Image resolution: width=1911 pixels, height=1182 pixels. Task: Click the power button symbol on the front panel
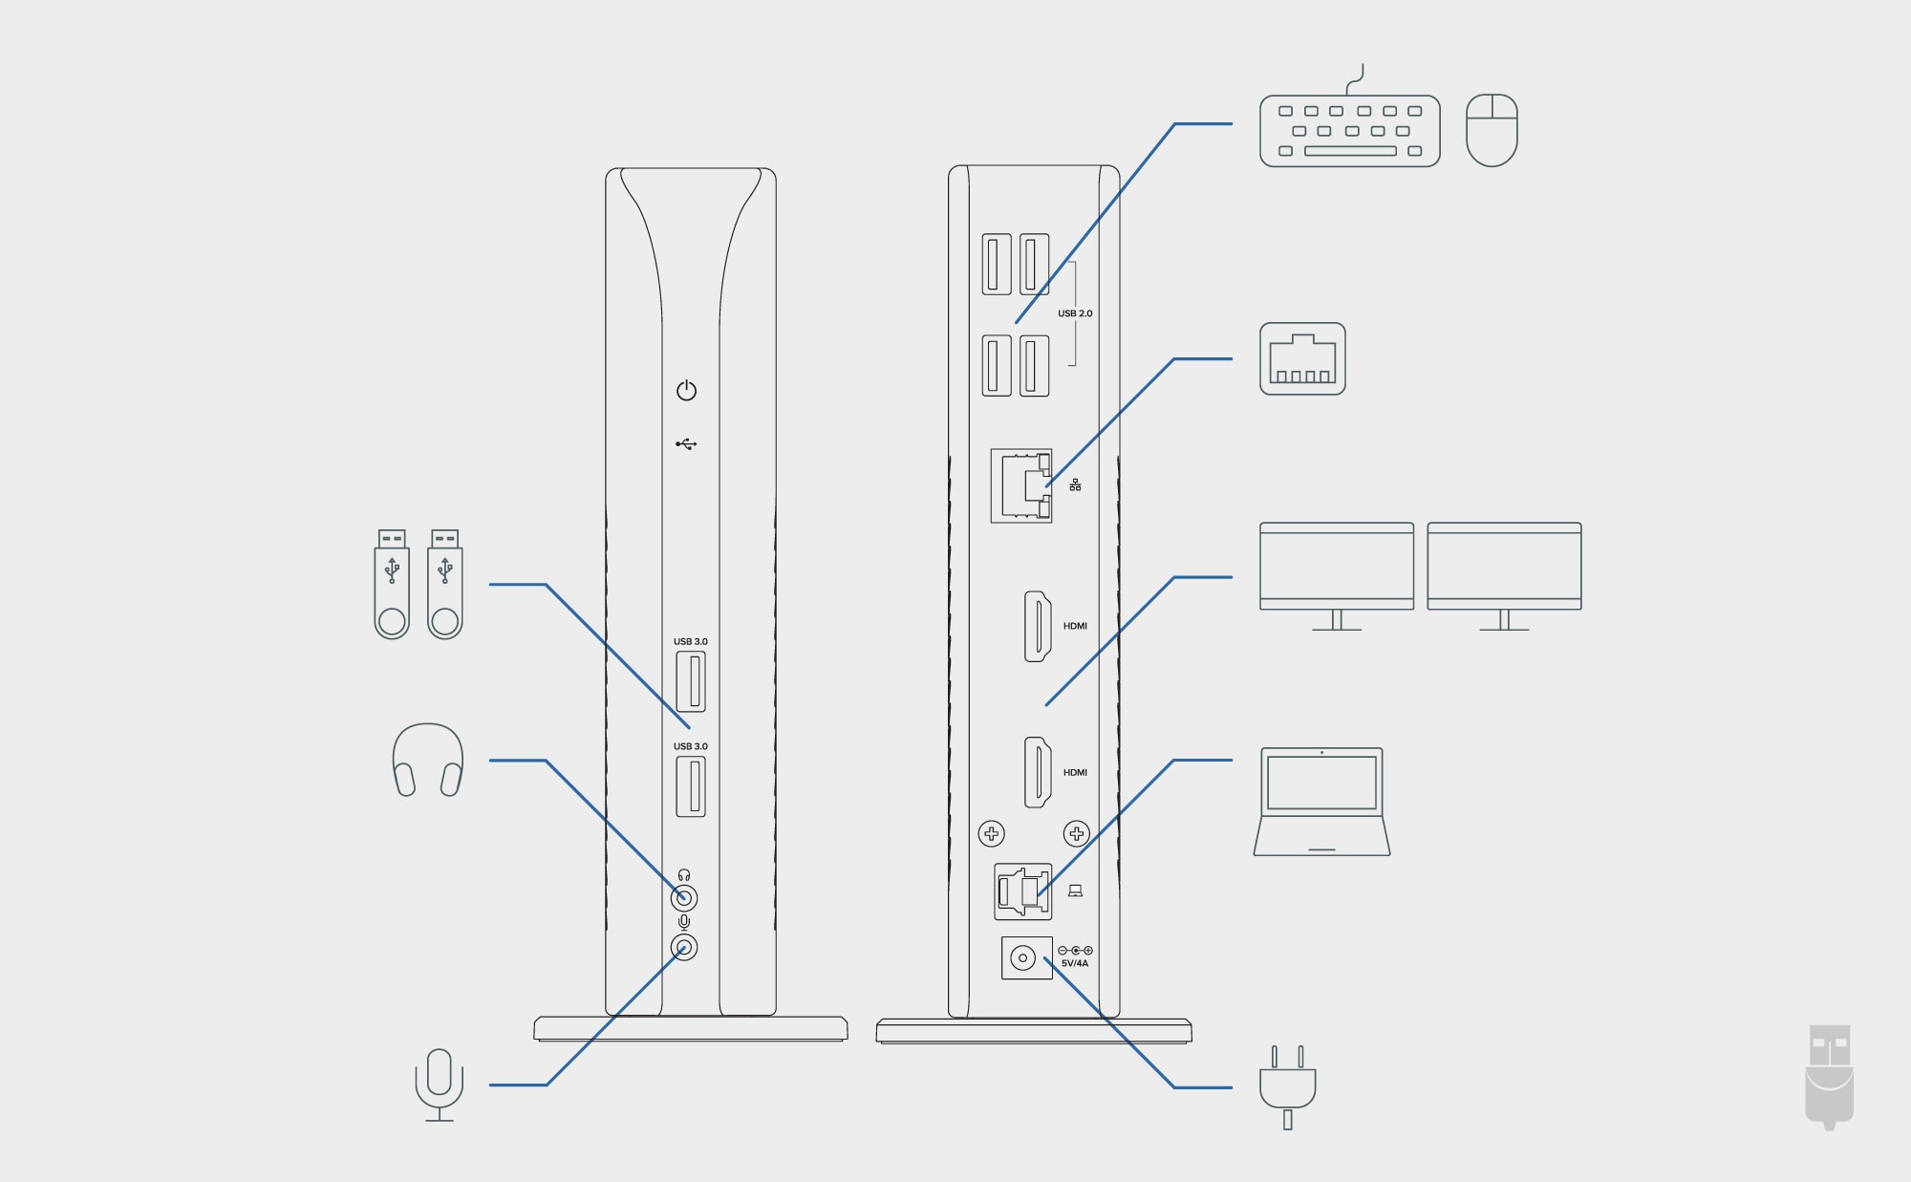pos(686,391)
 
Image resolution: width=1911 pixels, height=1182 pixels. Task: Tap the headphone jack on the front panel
pos(684,898)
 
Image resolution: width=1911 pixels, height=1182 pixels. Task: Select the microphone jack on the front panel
pos(684,947)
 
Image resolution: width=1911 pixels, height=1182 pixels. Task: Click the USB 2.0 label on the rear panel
pos(1075,313)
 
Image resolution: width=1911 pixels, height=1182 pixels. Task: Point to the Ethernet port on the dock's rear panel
pos(1021,485)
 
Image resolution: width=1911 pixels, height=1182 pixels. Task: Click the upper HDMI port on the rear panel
pos(1038,626)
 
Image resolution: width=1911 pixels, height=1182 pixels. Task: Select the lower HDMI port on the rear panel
pos(1038,772)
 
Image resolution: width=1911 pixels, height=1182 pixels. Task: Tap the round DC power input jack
pos(1023,957)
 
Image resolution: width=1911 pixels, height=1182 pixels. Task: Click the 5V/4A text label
pos(1075,963)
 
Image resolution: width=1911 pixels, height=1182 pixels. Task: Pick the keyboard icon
pos(1349,131)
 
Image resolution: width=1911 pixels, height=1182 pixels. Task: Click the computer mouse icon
pos(1492,130)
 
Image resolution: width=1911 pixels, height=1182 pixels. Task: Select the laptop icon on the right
pos(1321,802)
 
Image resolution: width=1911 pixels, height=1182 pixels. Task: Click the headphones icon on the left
pos(428,760)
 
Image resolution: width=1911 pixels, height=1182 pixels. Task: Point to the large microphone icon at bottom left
pos(440,1085)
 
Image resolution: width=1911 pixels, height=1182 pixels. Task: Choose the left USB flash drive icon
pos(392,584)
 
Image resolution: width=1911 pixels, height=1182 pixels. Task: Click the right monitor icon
pos(1504,574)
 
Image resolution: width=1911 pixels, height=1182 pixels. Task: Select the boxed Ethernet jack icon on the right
pos(1302,358)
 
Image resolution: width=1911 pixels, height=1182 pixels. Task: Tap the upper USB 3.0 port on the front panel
pos(691,681)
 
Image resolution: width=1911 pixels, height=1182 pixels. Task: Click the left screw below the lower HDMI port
pos(992,833)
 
